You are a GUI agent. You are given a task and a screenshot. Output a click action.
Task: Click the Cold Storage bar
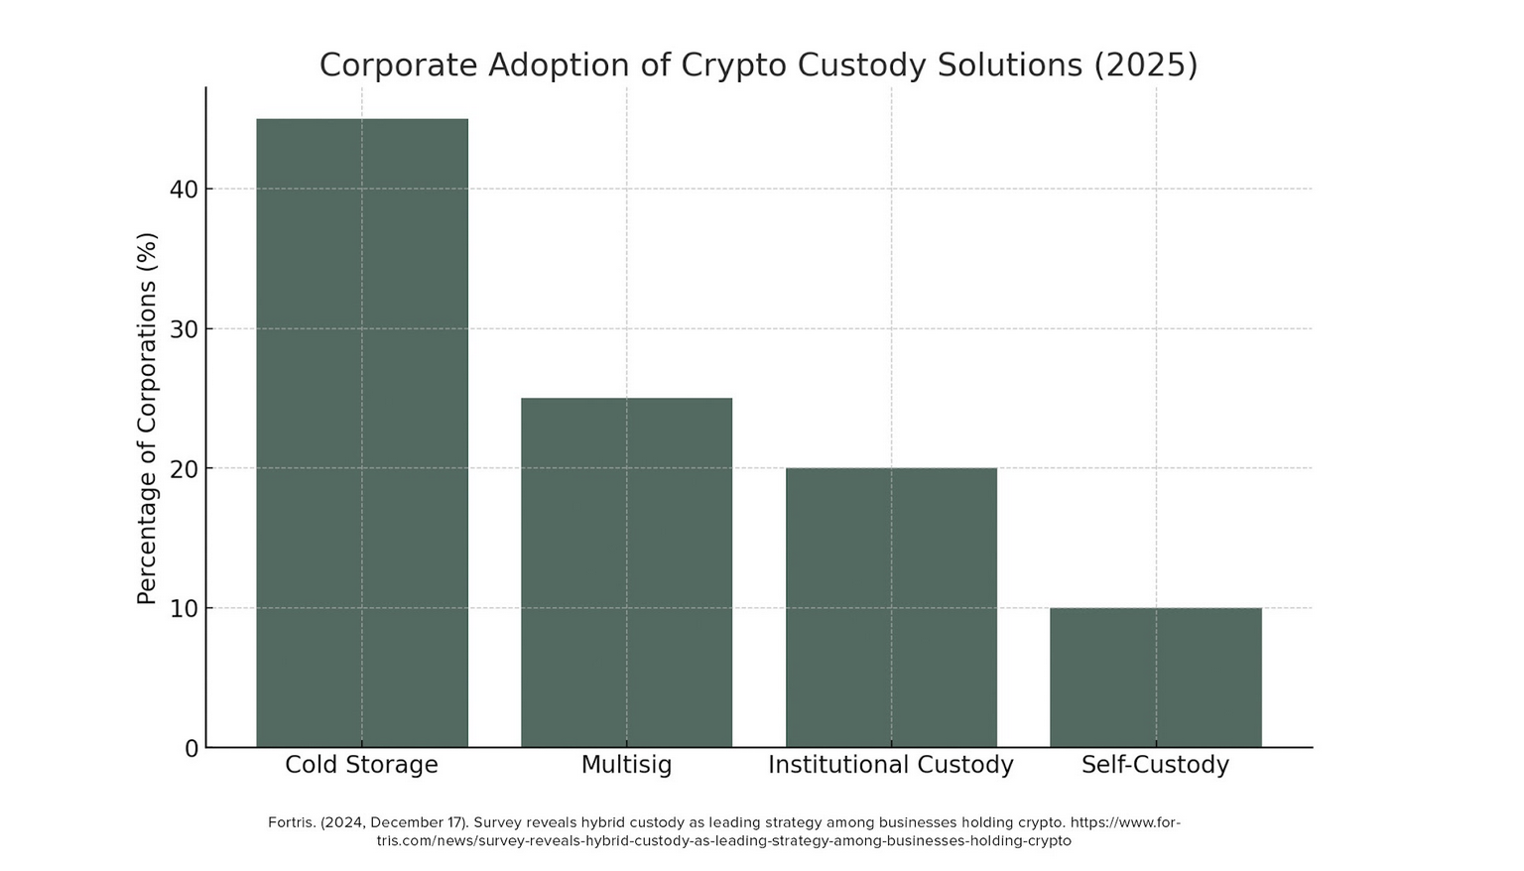point(361,433)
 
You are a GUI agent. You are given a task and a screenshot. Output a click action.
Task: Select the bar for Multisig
point(626,572)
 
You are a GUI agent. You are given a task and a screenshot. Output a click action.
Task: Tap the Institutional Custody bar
point(891,607)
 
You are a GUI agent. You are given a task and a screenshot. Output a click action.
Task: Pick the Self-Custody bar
point(1156,678)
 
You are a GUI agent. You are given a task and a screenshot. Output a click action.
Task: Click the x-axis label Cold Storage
point(361,765)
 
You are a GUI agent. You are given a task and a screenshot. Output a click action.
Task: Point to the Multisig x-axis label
point(626,765)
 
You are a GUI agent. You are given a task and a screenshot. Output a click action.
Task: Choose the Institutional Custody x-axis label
point(891,765)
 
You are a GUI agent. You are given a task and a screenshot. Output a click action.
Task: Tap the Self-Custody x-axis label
point(1155,765)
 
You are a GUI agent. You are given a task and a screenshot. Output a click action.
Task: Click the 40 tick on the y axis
point(184,189)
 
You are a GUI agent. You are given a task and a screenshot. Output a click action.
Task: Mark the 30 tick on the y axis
point(184,329)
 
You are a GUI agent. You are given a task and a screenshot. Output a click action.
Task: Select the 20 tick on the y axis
point(184,469)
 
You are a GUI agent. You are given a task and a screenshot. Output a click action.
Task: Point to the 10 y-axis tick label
point(184,609)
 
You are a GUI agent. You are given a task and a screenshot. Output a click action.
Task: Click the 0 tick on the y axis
point(191,749)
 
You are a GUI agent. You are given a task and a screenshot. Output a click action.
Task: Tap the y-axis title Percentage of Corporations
point(147,418)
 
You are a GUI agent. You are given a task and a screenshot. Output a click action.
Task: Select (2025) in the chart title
point(1145,65)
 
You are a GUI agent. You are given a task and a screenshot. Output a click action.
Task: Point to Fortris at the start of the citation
point(290,822)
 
